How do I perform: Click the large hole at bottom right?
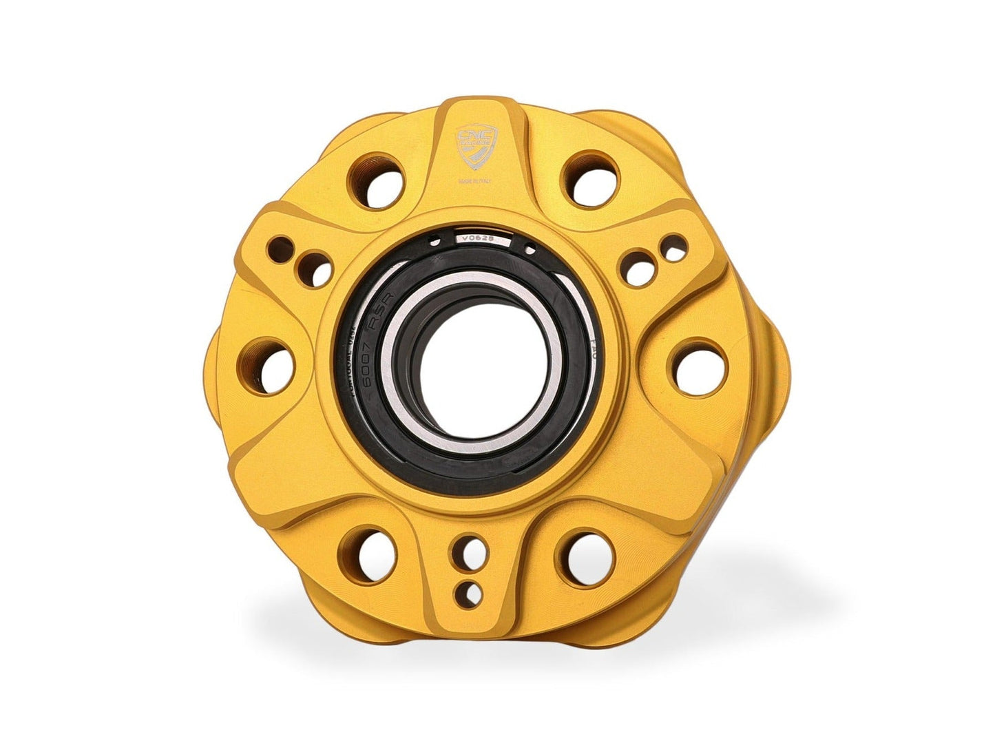(587, 554)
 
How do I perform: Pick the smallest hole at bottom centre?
(472, 591)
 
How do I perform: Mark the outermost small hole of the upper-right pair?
(675, 247)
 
